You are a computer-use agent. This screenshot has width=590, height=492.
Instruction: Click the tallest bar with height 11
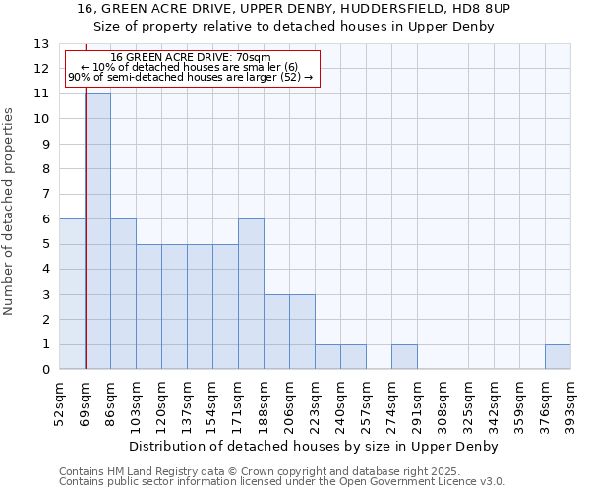pyautogui.click(x=98, y=231)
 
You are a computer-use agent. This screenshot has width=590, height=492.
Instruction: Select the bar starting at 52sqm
pyautogui.click(x=72, y=294)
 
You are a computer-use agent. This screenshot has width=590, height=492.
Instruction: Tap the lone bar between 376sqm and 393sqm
pyautogui.click(x=558, y=357)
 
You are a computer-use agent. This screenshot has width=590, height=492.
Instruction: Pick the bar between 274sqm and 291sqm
pyautogui.click(x=404, y=357)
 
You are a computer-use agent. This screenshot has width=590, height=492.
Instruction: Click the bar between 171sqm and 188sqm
pyautogui.click(x=251, y=294)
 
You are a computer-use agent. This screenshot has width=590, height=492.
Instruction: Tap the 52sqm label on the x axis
pyautogui.click(x=60, y=403)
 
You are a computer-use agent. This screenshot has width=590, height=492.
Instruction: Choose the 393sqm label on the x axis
pyautogui.click(x=571, y=403)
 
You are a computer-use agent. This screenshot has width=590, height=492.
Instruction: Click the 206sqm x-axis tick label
pyautogui.click(x=290, y=403)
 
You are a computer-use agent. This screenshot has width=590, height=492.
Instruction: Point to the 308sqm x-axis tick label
pyautogui.click(x=443, y=403)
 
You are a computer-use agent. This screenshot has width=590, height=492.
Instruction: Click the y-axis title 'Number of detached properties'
pyautogui.click(x=10, y=212)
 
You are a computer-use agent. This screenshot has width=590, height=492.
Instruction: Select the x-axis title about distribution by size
pyautogui.click(x=314, y=447)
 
